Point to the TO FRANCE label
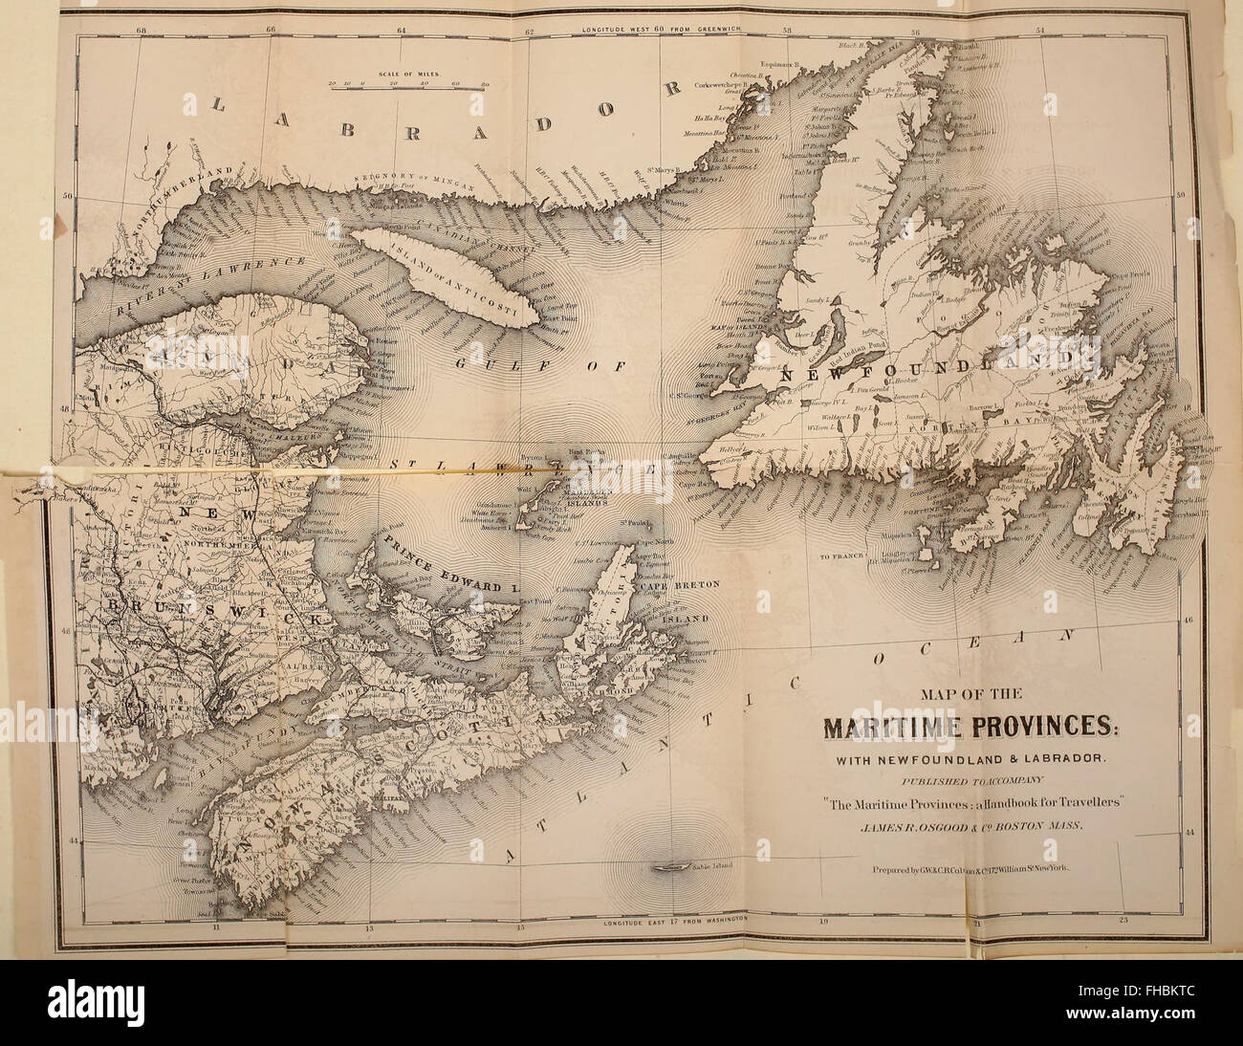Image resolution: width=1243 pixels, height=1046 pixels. point(840,556)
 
